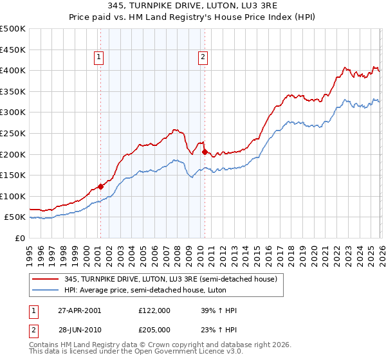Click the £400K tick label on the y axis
(13, 70)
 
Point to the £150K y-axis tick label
(13, 175)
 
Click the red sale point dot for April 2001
(100, 186)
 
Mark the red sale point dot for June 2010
(205, 152)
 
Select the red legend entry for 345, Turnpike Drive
(170, 279)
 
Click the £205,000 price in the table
(154, 329)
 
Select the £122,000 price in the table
(154, 310)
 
